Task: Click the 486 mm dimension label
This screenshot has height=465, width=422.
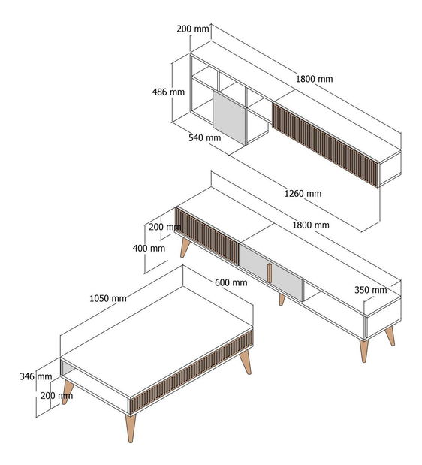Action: pos(168,92)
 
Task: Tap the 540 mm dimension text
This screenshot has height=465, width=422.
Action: pos(205,138)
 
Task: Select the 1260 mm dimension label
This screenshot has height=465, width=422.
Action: pos(303,194)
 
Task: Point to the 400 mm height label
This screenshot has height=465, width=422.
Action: pos(149,248)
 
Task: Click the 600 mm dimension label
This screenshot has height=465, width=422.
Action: pos(231,282)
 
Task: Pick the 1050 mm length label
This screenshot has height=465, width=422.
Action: pos(108,298)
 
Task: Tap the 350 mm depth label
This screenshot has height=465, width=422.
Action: pos(371,290)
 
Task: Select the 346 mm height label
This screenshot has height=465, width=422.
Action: pos(36,376)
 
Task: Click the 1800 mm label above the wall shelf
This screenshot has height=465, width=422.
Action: pos(315,79)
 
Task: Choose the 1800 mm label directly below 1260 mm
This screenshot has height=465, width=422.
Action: pos(311,225)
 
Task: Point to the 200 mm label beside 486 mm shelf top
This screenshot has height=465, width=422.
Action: pos(193,29)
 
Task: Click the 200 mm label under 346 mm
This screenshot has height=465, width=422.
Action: pos(56,396)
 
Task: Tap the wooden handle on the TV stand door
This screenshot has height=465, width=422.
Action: pos(269,273)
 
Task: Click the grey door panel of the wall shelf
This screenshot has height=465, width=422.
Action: pos(229,118)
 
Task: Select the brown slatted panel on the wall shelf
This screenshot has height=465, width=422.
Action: pos(325,145)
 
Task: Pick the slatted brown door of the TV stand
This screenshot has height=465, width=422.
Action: pos(206,236)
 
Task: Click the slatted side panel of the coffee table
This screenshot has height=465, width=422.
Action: pos(191,372)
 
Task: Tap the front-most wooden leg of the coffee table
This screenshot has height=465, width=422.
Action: pos(131,428)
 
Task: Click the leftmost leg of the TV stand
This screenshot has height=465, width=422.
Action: pos(185,248)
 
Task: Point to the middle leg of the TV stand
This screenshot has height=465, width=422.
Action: pos(282,300)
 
